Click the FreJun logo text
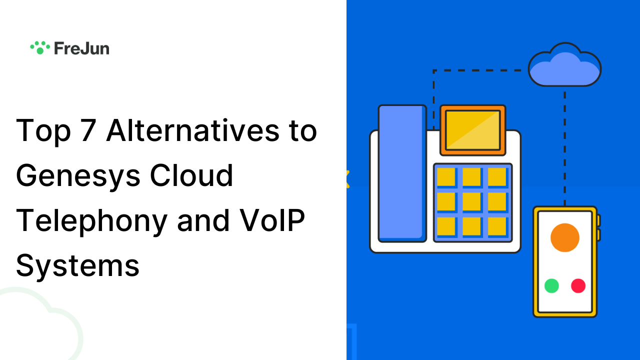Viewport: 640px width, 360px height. point(81,48)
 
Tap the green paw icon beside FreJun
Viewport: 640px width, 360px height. point(40,47)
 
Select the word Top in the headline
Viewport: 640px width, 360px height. point(43,131)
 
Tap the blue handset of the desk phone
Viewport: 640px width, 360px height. point(402,172)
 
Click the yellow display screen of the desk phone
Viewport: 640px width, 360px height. point(473,130)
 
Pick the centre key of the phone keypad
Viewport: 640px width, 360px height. point(471,201)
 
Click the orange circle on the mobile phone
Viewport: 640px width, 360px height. point(564,237)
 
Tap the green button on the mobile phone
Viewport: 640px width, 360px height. point(551,286)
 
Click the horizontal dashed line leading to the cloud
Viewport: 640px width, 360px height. point(480,70)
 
